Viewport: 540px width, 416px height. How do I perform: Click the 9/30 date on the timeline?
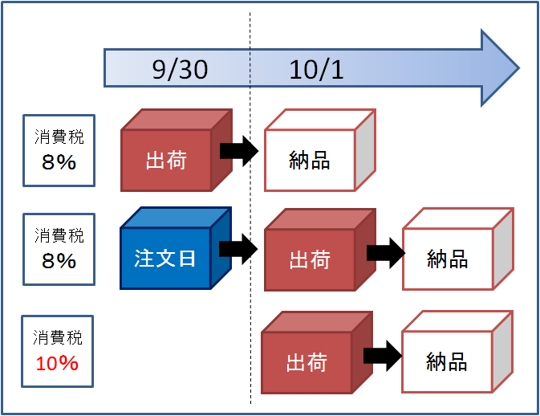coord(180,70)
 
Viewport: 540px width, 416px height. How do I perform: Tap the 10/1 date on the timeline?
coord(316,70)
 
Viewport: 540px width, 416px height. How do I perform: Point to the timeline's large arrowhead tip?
coord(518,68)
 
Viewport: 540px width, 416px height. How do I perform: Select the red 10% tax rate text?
coord(57,363)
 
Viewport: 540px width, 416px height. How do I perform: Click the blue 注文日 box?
coord(176,248)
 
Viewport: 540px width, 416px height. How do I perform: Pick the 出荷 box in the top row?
coord(177,150)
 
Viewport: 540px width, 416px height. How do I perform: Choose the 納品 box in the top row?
coord(320,150)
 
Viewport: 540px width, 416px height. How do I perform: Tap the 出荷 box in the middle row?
coord(320,250)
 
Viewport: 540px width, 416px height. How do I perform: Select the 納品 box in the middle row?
coord(458,249)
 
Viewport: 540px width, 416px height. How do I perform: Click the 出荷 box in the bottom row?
coord(317,353)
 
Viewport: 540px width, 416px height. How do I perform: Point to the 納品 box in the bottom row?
coord(457,352)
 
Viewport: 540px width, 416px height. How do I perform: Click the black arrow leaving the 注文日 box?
coord(238,249)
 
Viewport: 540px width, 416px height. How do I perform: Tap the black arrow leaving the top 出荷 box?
coord(239,151)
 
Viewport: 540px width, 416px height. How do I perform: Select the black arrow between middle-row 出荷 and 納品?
coord(386,253)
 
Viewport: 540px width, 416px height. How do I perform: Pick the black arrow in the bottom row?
coord(383,356)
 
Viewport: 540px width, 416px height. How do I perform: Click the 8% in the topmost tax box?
coord(59,162)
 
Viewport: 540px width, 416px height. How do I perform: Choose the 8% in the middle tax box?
coord(59,260)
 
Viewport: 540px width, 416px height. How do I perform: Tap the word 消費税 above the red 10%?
coord(58,337)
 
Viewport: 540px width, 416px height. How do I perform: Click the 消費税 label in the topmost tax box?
coord(59,137)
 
